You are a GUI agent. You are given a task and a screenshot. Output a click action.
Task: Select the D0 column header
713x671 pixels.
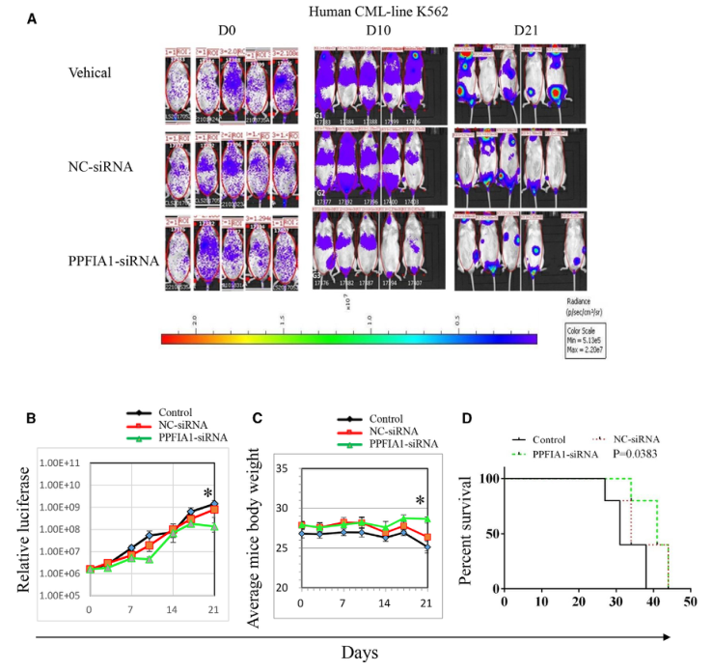[x=228, y=30]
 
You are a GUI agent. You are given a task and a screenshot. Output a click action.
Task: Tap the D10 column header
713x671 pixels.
[x=378, y=30]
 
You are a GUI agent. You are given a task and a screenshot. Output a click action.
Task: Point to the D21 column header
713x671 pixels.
[x=528, y=30]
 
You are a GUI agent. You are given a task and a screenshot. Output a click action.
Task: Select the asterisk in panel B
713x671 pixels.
[x=206, y=495]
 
